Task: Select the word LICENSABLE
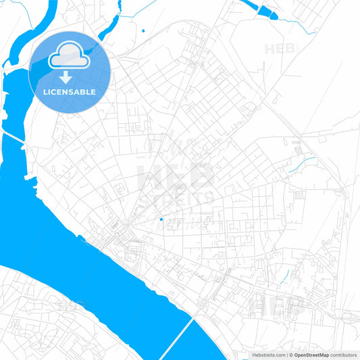click(70, 92)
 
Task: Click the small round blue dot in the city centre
click(161, 219)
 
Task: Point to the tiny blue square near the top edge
click(144, 30)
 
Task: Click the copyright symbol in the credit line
click(291, 354)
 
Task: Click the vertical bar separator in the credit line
click(286, 354)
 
